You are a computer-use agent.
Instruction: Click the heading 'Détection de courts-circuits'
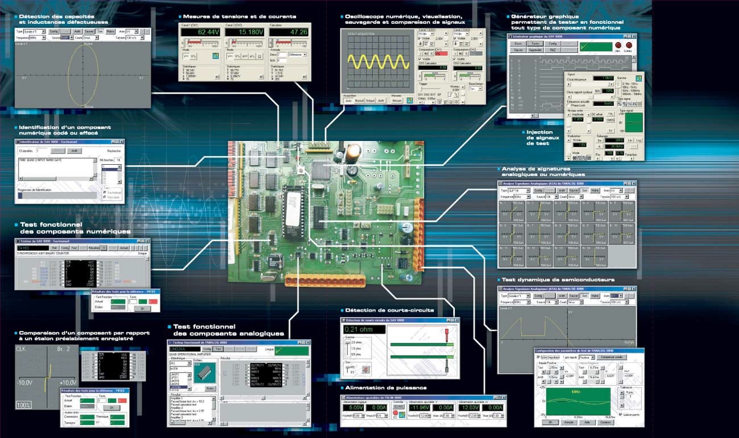coord(389,310)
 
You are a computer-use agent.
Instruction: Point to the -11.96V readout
coord(421,407)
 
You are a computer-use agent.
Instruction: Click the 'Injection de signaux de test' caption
coord(539,138)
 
